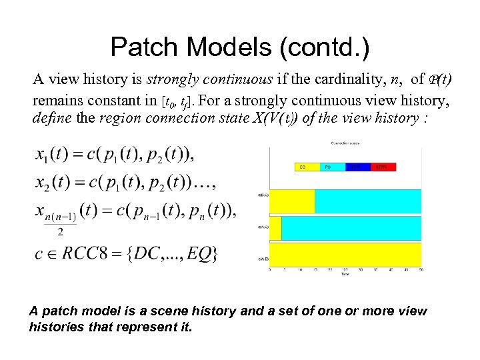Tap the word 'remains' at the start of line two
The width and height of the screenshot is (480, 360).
pos(56,100)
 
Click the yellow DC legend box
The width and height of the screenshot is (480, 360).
pos(307,167)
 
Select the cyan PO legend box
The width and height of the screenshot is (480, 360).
pos(333,167)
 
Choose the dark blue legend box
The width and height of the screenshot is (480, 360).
pos(358,167)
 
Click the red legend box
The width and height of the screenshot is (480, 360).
pos(383,167)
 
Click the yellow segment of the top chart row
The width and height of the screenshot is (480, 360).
pos(291,201)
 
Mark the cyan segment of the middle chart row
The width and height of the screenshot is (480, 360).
pos(351,228)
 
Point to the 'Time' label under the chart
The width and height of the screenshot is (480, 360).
pos(345,274)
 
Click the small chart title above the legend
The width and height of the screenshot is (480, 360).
pos(345,143)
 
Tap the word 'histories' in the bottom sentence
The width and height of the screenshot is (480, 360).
pos(53,327)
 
